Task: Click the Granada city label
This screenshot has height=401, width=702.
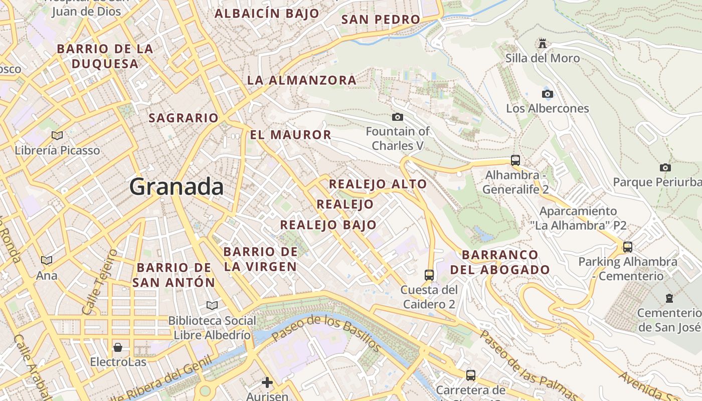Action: click(177, 187)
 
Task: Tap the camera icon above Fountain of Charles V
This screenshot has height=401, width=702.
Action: click(397, 117)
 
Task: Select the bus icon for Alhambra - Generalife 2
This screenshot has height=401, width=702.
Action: click(515, 160)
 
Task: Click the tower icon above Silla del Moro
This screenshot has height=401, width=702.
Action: click(542, 44)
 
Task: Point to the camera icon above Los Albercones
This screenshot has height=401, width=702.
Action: click(547, 94)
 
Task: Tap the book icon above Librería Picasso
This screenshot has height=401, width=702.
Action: click(57, 135)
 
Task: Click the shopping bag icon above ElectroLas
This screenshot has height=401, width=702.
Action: click(118, 347)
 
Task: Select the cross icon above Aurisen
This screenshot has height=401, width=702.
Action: click(267, 382)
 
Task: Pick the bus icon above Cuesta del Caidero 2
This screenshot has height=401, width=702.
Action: click(429, 275)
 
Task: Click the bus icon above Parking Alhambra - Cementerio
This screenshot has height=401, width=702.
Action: click(627, 247)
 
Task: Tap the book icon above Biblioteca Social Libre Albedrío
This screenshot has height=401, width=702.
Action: click(212, 305)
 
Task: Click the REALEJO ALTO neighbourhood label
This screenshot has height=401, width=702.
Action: click(378, 184)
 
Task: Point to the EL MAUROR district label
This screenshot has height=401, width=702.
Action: click(290, 134)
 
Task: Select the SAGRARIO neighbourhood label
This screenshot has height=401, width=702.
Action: click(184, 118)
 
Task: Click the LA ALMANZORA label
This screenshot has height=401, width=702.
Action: click(301, 80)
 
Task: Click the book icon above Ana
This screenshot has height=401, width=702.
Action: click(47, 260)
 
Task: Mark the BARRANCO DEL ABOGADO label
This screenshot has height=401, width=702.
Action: click(500, 262)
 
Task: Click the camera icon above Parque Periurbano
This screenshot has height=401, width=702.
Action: click(665, 167)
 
